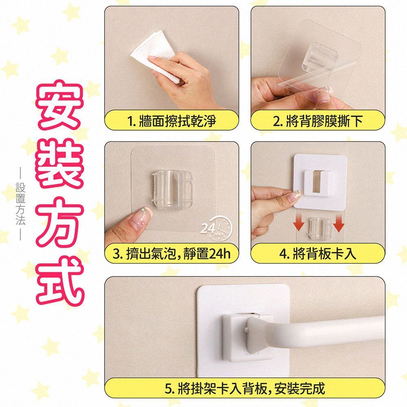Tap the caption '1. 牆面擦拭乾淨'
(172, 121)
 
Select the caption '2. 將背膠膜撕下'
(318, 121)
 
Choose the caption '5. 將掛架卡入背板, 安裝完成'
(245, 389)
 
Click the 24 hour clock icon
(217, 228)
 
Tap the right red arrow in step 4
(339, 223)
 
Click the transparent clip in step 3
(172, 189)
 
